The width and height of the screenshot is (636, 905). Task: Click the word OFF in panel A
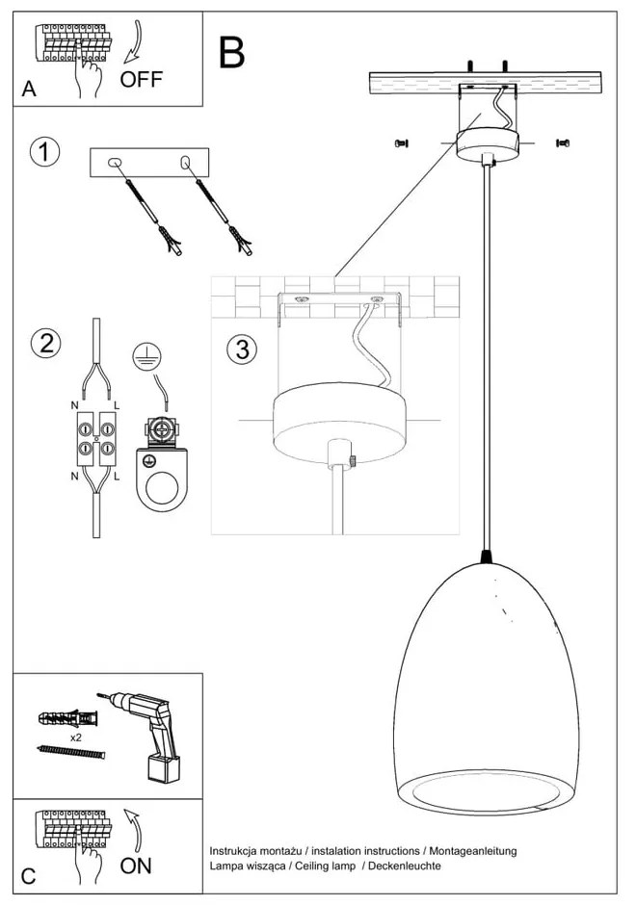coord(141,78)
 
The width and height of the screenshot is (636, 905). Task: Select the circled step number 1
coord(44,152)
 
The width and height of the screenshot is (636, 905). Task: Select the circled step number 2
coord(44,343)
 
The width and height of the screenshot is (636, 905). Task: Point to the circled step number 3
coord(243,349)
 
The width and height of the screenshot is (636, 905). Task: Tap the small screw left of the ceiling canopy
coord(402,143)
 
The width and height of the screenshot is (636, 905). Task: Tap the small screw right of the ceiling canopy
coord(562,143)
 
